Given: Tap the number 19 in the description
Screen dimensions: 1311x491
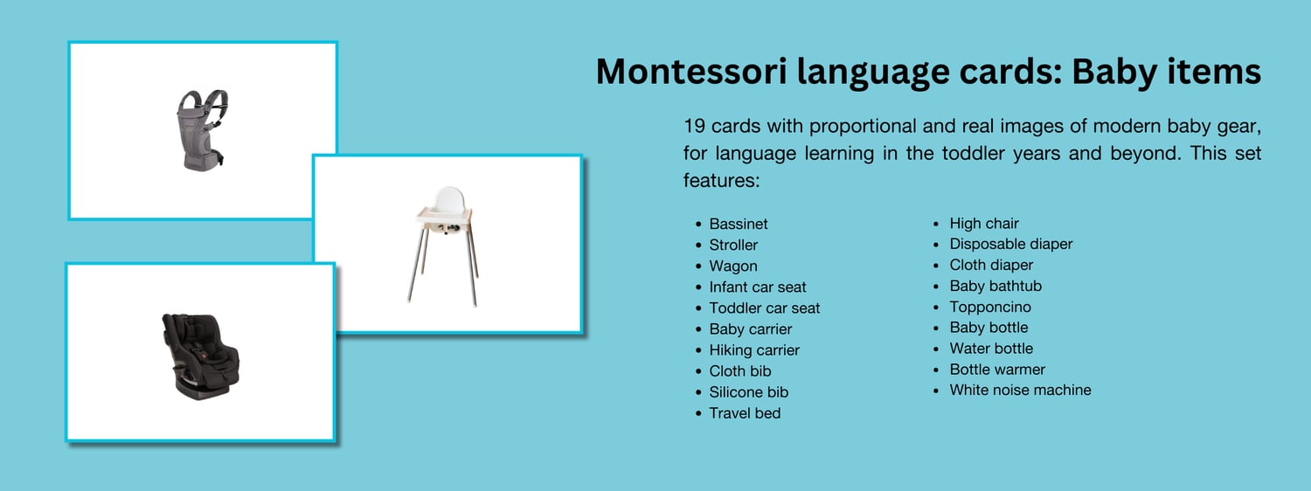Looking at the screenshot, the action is tap(694, 126).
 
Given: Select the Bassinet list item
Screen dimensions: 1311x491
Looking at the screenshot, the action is tap(739, 225).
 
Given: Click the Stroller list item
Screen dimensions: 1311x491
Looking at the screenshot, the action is tap(733, 245).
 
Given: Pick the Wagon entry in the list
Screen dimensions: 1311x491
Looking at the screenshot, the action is tap(733, 266).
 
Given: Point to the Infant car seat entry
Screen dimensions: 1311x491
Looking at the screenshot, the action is tap(758, 287).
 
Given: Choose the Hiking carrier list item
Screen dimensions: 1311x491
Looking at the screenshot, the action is tap(754, 350).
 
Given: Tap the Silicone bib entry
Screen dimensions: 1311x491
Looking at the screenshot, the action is tap(749, 392).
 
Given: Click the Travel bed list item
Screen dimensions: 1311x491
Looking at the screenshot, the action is tap(745, 413).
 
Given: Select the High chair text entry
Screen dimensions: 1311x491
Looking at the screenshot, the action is tap(984, 224).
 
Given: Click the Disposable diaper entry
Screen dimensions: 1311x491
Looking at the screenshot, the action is tap(1011, 244).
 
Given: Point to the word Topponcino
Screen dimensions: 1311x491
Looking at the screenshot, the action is tap(990, 308).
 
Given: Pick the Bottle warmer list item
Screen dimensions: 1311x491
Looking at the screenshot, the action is tap(997, 370).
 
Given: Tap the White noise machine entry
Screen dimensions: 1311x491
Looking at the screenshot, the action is tap(1021, 390).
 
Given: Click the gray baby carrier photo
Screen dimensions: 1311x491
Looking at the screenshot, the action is tap(202, 130).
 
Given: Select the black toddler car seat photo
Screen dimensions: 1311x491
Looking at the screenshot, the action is tap(200, 356).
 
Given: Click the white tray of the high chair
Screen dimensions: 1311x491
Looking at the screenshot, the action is tap(444, 217).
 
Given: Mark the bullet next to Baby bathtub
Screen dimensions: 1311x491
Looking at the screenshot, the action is tap(936, 287).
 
